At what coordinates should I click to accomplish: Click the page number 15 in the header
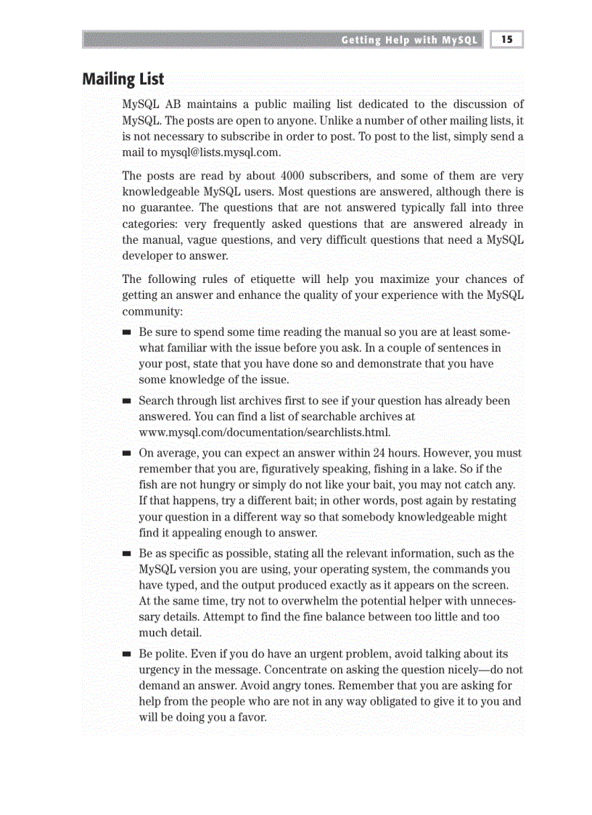[507, 40]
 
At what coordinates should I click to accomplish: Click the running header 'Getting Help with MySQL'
[409, 41]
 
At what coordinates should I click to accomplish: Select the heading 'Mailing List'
[123, 79]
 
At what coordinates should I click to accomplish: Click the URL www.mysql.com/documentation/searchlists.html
[265, 433]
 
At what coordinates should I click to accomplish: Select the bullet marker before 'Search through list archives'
[126, 401]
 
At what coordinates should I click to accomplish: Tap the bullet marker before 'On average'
[126, 454]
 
